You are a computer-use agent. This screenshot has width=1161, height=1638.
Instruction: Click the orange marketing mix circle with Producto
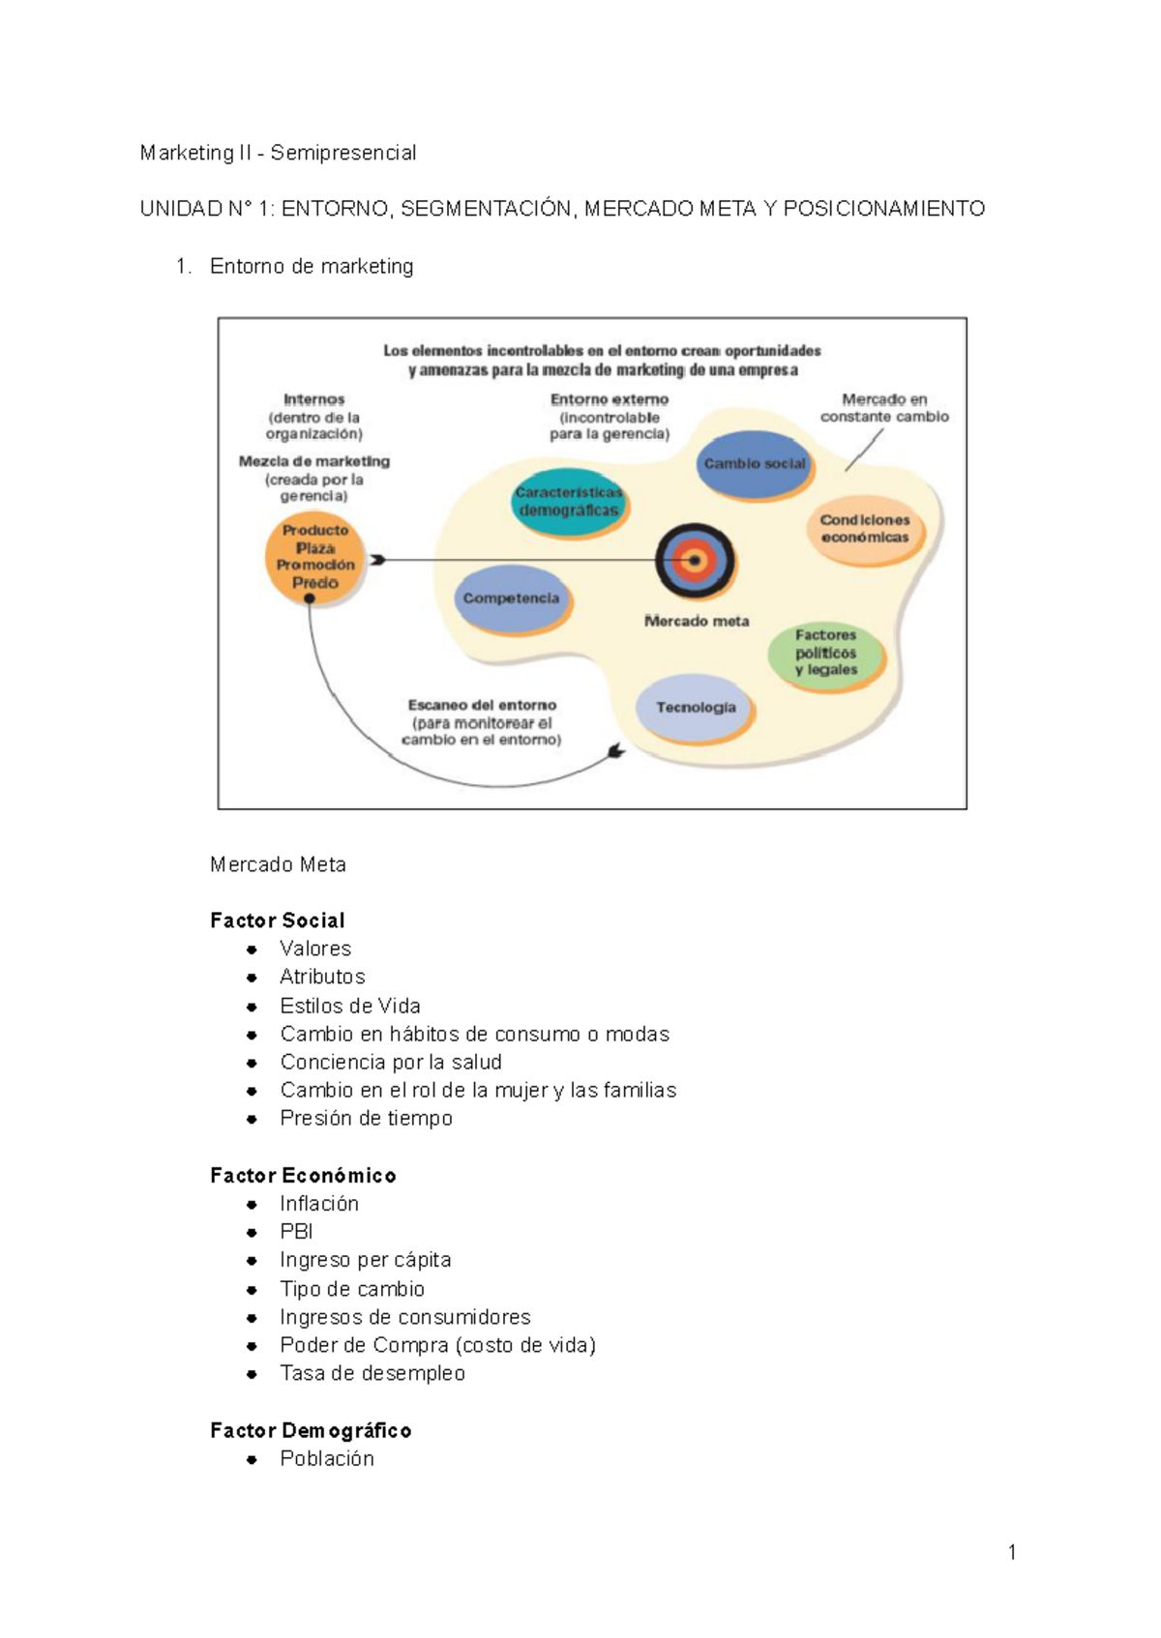(314, 560)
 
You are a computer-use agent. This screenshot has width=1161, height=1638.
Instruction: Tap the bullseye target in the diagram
(695, 561)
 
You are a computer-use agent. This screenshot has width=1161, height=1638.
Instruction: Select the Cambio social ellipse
(755, 464)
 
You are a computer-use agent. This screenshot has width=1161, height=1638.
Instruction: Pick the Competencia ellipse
(512, 599)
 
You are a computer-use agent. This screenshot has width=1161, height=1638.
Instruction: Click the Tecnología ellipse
(695, 708)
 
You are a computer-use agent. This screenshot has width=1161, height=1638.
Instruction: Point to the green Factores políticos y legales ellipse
(826, 653)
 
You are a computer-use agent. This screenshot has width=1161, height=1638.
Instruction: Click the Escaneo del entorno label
(482, 706)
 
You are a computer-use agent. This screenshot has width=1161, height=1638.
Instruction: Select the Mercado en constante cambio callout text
(884, 408)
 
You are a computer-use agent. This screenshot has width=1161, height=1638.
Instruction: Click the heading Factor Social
(277, 920)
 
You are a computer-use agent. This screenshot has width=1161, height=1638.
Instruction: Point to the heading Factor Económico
(303, 1175)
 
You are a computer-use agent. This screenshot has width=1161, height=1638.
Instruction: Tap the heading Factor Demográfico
(311, 1430)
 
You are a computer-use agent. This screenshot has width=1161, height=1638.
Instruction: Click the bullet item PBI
(296, 1232)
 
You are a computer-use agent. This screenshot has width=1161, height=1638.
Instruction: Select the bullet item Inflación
(319, 1204)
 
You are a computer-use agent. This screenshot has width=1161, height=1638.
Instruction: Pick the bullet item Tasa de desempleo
(372, 1373)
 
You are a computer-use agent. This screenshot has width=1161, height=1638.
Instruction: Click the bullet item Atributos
(322, 977)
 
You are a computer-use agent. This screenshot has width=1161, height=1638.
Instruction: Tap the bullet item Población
(327, 1459)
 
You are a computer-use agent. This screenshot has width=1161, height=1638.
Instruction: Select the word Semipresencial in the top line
(343, 153)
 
